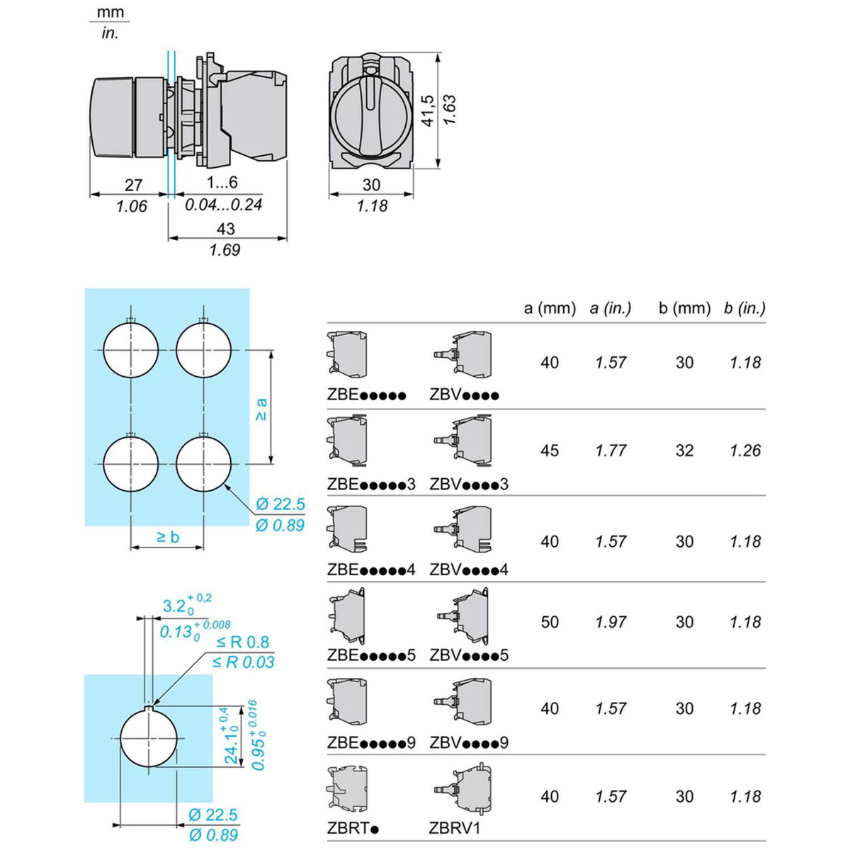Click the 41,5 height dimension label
[429, 111]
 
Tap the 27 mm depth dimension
[134, 185]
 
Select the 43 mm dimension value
[225, 229]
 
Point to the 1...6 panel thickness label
[222, 182]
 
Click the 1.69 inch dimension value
[225, 250]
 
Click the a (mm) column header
[550, 308]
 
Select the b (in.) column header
[744, 308]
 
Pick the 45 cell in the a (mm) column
[550, 450]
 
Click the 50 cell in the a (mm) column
[550, 622]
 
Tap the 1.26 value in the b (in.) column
[745, 450]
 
